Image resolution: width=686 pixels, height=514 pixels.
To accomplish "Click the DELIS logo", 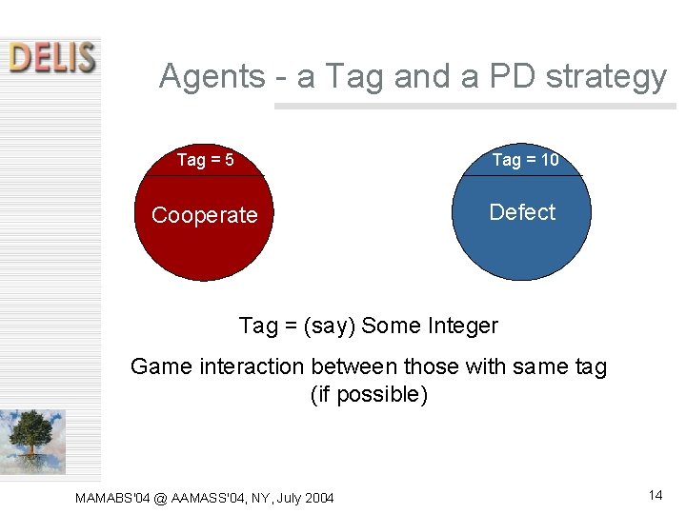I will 52,57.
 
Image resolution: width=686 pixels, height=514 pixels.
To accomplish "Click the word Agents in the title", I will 212,75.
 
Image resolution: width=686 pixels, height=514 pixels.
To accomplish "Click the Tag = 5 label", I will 206,160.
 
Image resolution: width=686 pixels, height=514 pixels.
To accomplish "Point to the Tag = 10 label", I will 525,160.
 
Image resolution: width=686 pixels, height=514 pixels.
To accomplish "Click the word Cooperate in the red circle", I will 204,215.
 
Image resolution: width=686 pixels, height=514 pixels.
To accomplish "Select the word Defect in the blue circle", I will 522,212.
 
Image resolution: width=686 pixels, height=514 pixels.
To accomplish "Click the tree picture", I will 33,441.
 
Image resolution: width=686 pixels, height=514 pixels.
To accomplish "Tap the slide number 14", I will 655,495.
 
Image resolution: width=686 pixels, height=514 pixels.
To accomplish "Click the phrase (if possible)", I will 369,394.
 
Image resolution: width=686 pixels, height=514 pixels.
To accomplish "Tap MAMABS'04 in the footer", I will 111,498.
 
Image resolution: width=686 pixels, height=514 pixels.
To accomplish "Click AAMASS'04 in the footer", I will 210,498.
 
